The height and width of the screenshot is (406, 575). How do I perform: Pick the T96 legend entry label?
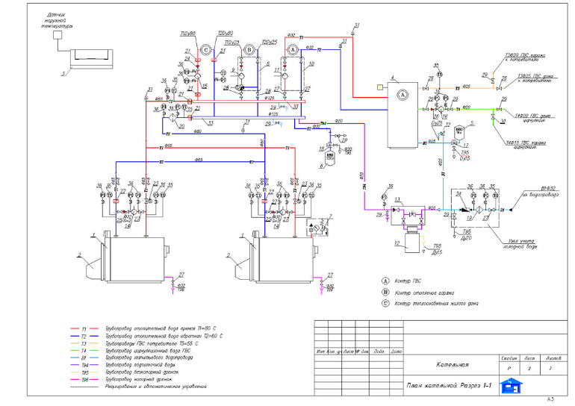(85, 379)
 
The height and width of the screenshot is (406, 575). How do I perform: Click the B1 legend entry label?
(85, 357)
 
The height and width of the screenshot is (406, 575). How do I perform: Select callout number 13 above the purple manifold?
(399, 200)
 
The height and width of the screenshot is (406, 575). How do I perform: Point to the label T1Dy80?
(187, 34)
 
